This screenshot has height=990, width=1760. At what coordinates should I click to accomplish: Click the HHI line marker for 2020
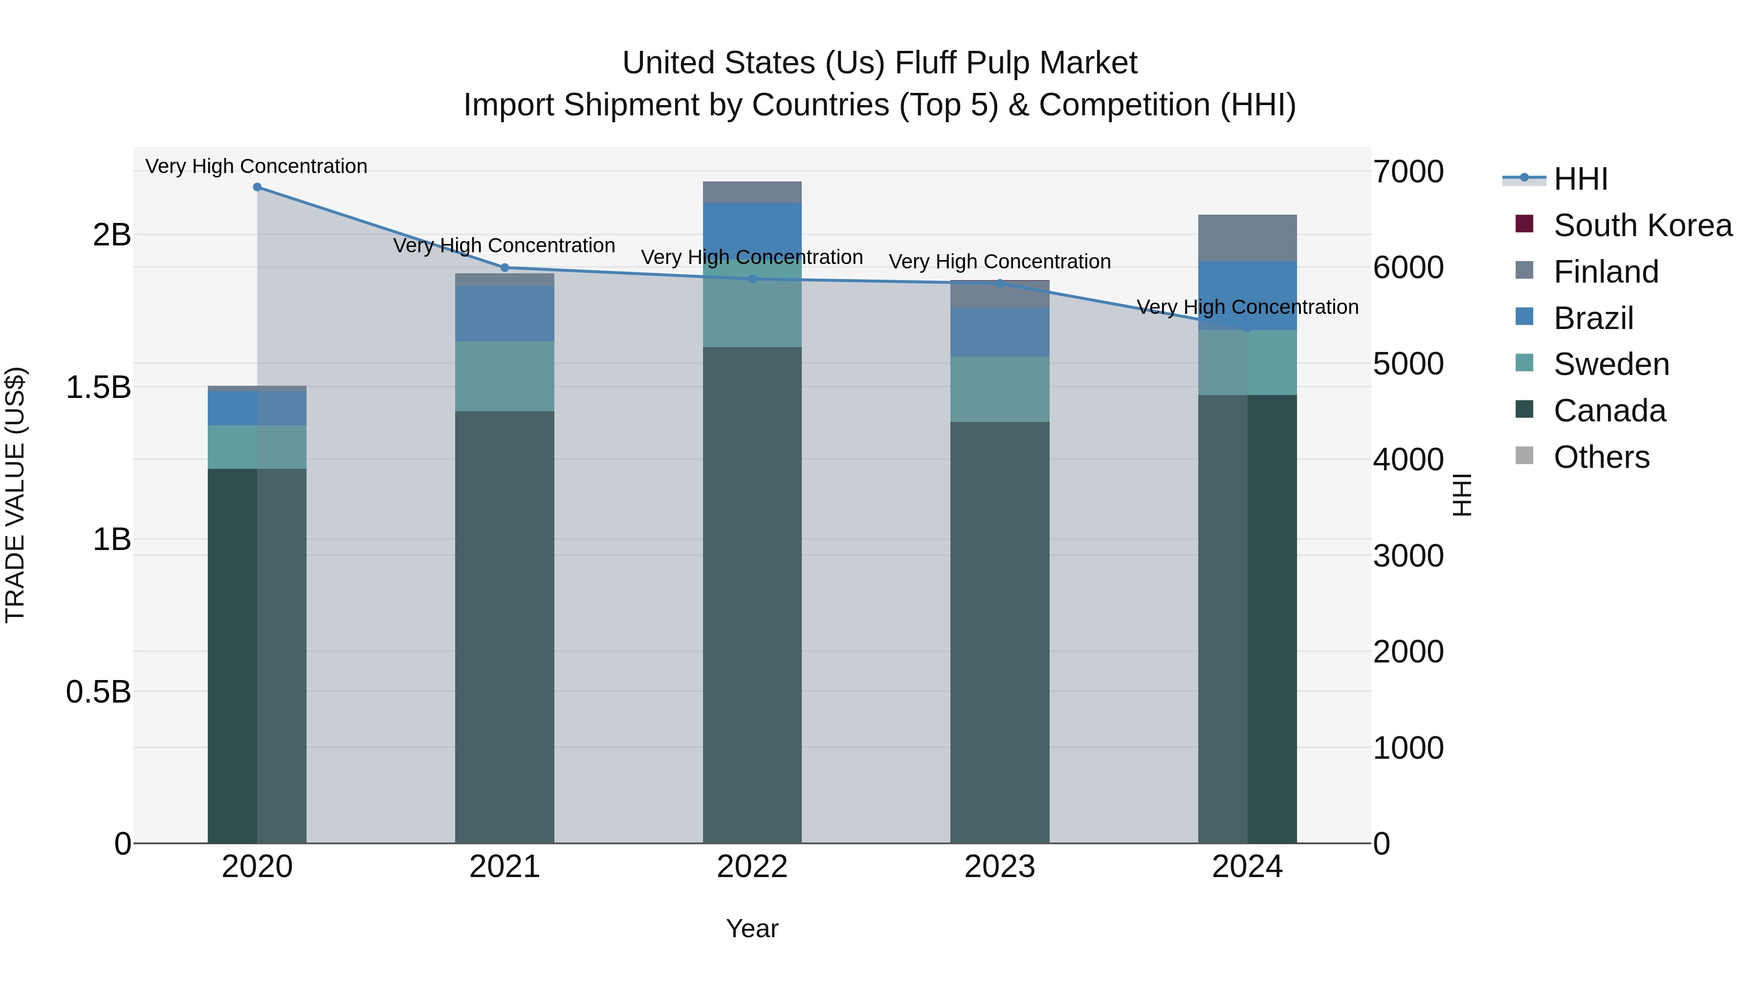coord(257,187)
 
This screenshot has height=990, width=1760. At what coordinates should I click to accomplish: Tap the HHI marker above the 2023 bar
coord(1000,283)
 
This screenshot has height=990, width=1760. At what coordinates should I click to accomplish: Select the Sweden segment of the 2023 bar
coord(1000,389)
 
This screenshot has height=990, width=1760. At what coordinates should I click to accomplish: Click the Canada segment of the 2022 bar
coord(752,594)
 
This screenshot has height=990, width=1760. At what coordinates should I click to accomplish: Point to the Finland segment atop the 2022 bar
coord(752,192)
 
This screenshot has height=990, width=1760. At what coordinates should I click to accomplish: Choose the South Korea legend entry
coord(1643,225)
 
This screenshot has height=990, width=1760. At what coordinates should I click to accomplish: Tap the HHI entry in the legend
coord(1580,179)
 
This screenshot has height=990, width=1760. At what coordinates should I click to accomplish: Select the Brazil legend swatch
coord(1524,317)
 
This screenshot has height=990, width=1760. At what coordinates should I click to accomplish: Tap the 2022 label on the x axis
coord(752,867)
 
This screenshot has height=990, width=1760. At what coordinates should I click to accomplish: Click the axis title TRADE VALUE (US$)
coord(16,495)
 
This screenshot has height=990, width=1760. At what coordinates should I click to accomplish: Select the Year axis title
coord(752,928)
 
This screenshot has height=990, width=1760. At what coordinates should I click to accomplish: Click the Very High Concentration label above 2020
coord(256,167)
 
